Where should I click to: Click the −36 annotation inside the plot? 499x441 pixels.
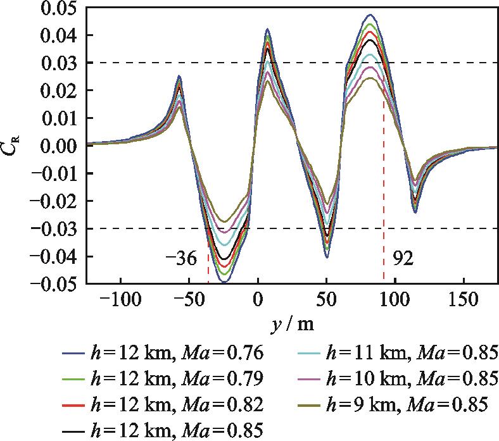pyautogui.click(x=182, y=259)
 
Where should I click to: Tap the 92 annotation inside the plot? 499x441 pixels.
pyautogui.click(x=402, y=259)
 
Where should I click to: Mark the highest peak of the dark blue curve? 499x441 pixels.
pyautogui.click(x=370, y=15)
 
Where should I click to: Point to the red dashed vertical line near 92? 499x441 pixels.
pyautogui.click(x=384, y=190)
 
